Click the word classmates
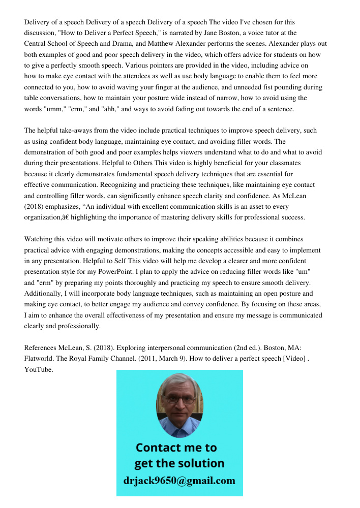click(x=284, y=163)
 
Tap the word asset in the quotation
click(x=250, y=207)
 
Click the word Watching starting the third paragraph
click(x=39, y=239)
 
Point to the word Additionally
click(x=44, y=294)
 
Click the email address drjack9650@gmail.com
click(x=179, y=481)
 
